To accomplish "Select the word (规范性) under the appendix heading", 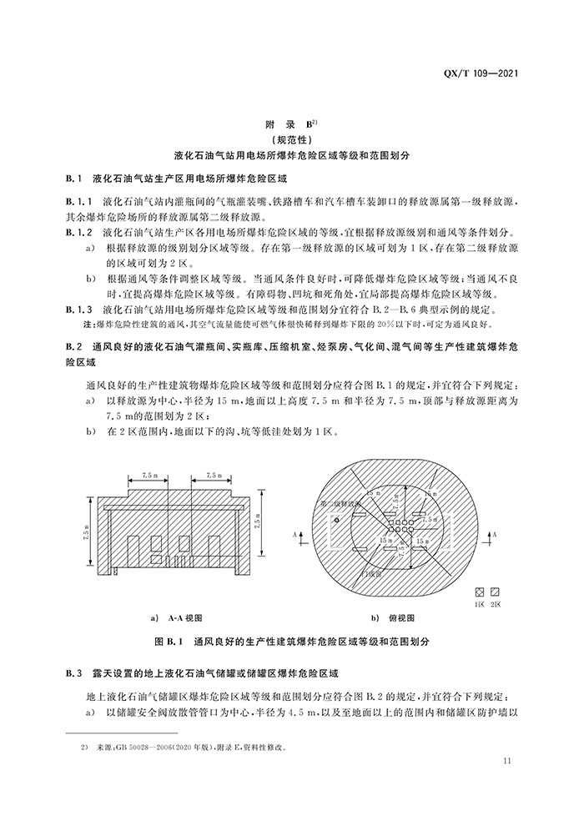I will coord(291,140).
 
